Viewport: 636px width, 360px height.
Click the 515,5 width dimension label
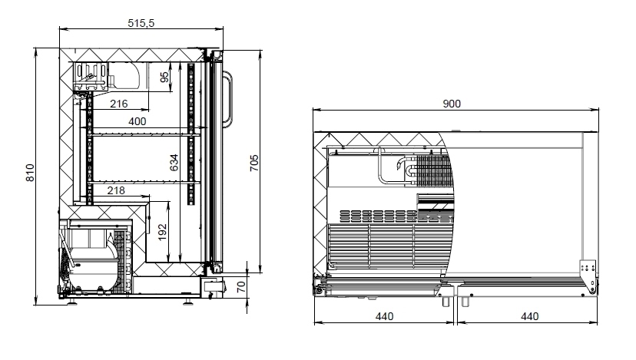141,23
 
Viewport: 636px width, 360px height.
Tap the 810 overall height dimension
30,173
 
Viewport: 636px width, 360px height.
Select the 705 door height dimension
254,163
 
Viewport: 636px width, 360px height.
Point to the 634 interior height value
174,162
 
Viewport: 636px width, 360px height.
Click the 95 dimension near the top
164,77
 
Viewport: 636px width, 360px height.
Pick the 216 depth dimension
119,104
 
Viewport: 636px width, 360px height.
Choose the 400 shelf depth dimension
137,121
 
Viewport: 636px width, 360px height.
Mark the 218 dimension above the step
116,190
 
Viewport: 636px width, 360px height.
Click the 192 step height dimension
162,233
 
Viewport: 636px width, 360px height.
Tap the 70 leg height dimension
241,287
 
